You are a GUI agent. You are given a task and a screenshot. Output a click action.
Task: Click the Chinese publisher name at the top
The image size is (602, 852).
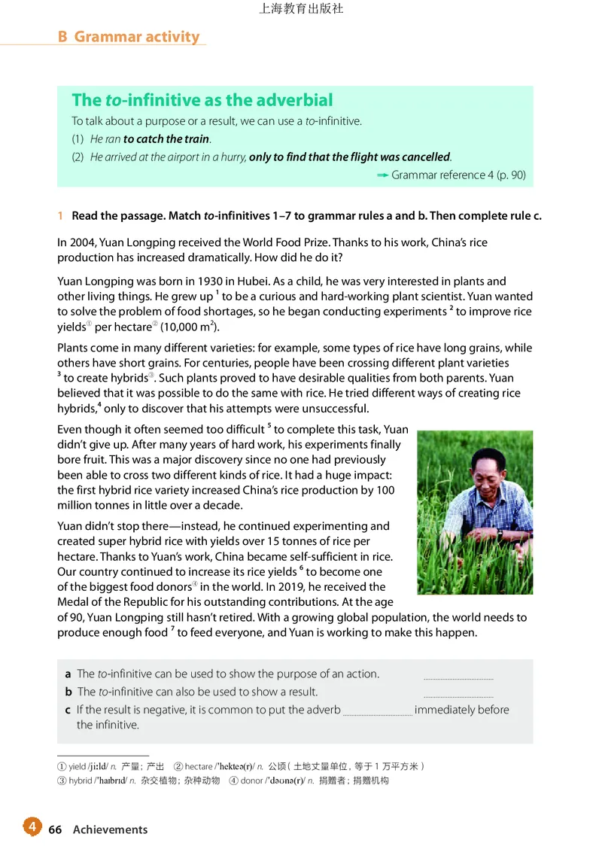(301, 10)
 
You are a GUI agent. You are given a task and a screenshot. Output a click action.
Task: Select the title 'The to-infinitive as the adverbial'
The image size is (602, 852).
(202, 100)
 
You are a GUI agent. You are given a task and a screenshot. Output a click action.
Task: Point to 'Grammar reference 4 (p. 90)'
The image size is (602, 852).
(458, 175)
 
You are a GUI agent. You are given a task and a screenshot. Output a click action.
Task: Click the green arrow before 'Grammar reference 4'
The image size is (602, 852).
(382, 175)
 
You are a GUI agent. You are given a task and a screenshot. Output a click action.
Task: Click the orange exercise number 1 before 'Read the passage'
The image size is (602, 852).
(60, 216)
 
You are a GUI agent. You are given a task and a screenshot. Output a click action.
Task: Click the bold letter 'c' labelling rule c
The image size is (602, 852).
(68, 710)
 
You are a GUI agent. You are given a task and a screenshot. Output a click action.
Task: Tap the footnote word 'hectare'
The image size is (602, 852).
(199, 766)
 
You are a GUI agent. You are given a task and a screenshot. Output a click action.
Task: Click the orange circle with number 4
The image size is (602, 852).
(32, 826)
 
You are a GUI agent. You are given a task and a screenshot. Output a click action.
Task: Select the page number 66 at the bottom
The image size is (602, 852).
(55, 829)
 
